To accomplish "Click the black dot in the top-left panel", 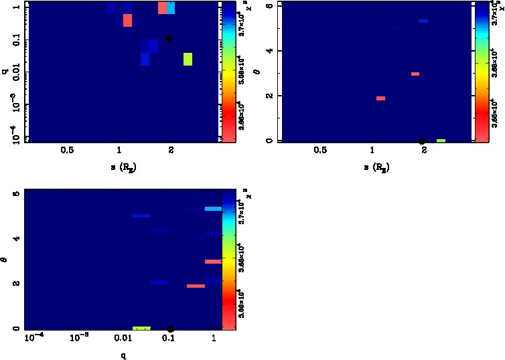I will click(169, 38).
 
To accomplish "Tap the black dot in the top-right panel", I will click(422, 141).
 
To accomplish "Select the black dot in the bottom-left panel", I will click(171, 329).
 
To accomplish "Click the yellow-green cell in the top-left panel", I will click(188, 59).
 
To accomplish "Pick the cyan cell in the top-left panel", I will click(171, 7).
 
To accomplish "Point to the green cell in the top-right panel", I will click(441, 141).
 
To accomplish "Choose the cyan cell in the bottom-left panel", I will click(213, 209).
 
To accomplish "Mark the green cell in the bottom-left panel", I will click(141, 328).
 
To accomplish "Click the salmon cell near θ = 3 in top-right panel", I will click(415, 74).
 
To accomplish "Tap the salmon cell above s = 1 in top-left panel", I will click(128, 21).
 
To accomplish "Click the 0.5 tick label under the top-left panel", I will click(67, 151).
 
